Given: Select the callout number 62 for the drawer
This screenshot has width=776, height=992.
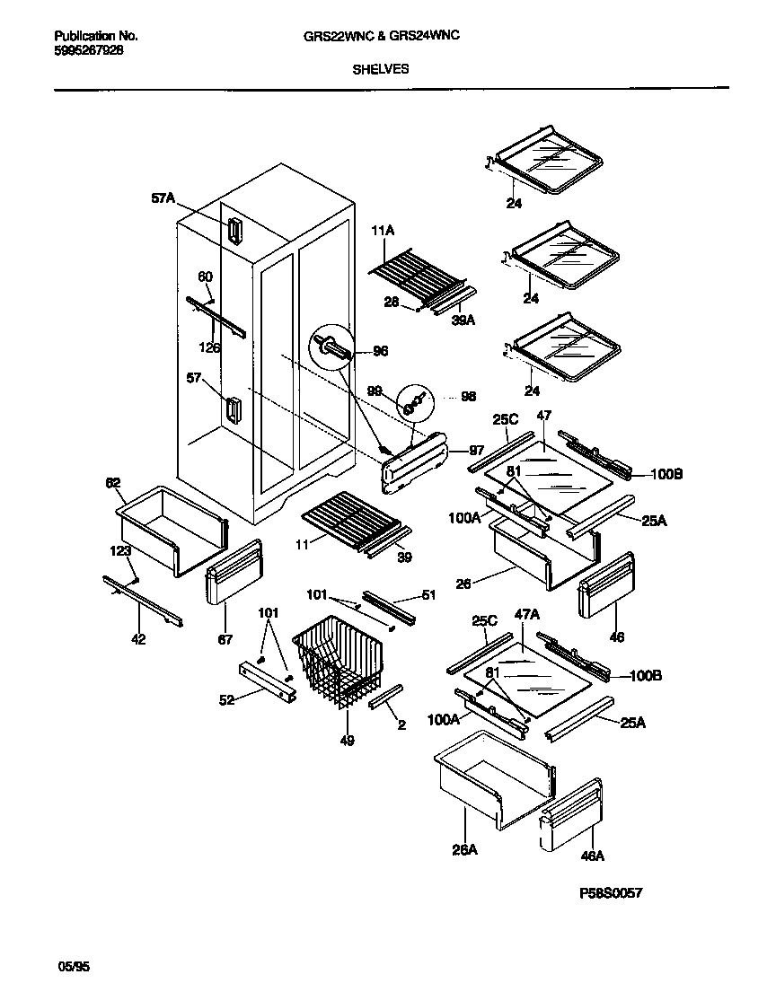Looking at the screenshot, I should (112, 482).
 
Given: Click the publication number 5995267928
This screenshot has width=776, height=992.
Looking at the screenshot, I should (89, 50).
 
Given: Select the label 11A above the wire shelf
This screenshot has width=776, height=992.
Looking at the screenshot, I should (383, 231).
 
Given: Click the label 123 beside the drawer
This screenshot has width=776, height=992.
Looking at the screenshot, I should (120, 550).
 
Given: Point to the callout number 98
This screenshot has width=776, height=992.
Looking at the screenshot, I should (468, 396).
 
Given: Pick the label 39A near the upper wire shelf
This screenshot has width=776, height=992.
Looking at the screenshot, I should (463, 319).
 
